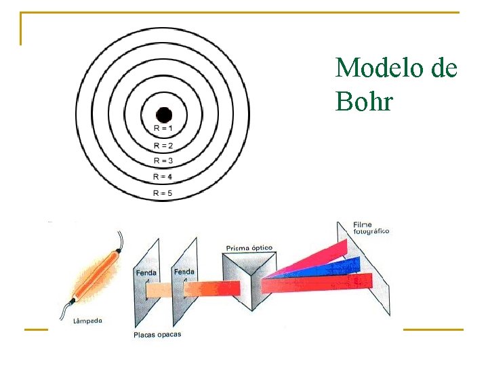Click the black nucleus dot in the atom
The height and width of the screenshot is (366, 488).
coord(163,115)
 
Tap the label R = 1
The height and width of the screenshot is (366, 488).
coord(163,129)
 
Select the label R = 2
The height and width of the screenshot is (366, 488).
coord(163,145)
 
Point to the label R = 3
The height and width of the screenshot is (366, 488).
coord(163,161)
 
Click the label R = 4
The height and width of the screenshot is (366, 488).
coord(163,176)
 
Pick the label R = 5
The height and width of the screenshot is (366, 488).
coord(163,193)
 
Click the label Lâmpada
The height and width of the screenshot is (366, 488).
coord(87,321)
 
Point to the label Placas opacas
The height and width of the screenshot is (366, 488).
coord(157,335)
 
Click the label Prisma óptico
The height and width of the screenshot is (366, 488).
coord(249,248)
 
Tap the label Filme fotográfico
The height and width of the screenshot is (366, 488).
coord(371,228)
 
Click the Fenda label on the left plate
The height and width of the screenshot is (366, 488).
coord(146,273)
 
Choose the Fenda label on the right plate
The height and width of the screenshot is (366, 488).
coord(184,272)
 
